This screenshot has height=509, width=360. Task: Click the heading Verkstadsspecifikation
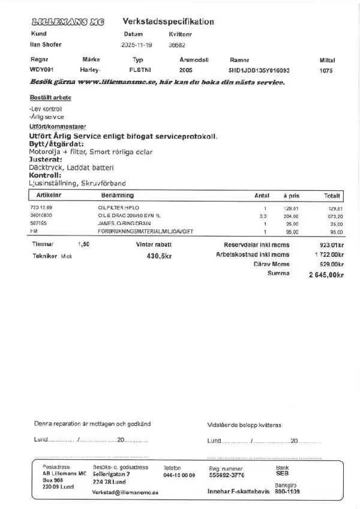coord(168,22)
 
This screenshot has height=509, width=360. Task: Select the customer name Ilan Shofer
coord(46,44)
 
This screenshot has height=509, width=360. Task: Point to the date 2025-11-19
coord(137,44)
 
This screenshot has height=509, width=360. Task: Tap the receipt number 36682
coord(177,44)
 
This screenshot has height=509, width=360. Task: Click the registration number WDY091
coord(41,71)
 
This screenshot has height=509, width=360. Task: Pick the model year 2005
coord(185,71)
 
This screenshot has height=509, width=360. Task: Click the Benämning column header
coord(118,196)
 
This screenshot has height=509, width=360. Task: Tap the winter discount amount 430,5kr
coord(158,256)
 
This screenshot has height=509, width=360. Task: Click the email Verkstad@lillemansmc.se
coord(125,492)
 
